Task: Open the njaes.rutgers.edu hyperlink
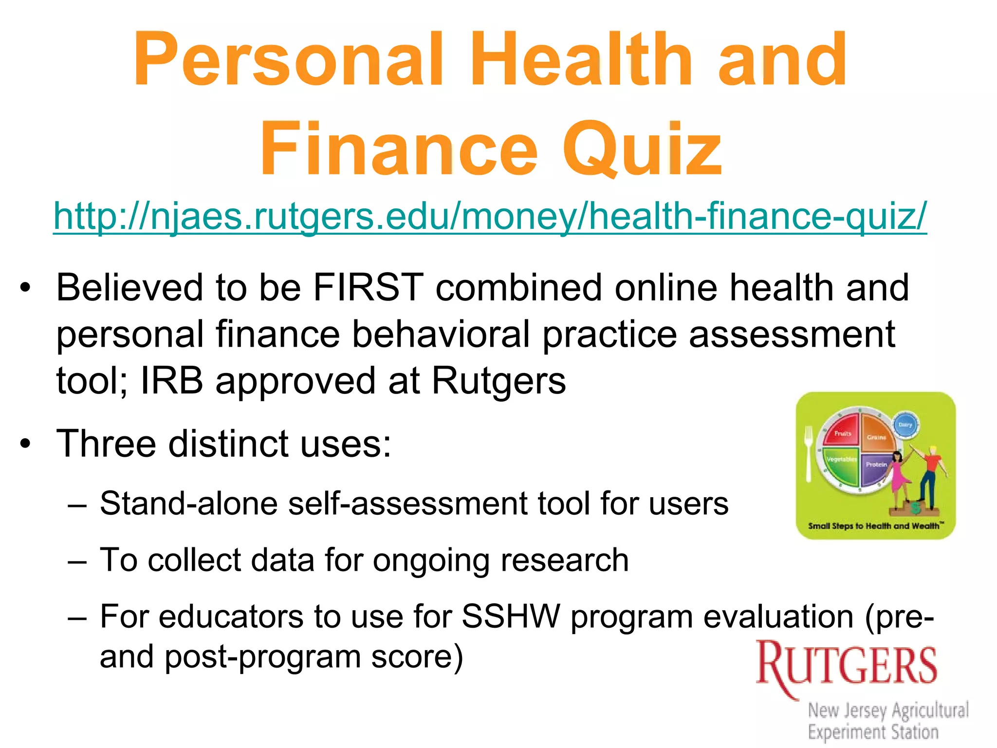pos(490,216)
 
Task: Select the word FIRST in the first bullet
pos(368,288)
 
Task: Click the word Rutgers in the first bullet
pos(498,380)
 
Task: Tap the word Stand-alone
pos(188,503)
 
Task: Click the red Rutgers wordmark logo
pos(846,665)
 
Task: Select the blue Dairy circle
pos(905,425)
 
